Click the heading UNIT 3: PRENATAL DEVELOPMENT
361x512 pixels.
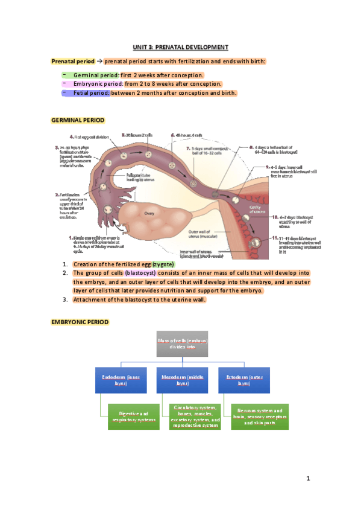coord(181,47)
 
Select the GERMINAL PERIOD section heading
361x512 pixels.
coord(78,121)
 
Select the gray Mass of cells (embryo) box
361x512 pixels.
coord(181,345)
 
